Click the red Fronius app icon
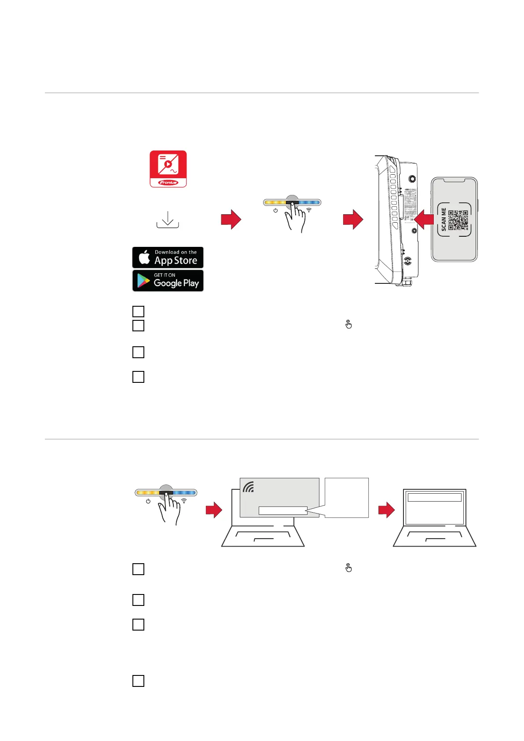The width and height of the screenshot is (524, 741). click(168, 169)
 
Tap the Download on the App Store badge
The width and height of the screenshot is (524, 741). click(168, 257)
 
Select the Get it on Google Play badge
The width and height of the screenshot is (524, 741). click(168, 280)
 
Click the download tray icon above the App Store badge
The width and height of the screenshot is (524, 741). click(168, 220)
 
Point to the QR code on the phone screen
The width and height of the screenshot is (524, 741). click(458, 220)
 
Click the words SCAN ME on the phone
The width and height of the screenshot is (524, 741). click(443, 220)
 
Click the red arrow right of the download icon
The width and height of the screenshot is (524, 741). click(231, 219)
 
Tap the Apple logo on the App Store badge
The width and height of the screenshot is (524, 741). click(144, 257)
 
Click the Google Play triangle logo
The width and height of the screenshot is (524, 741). click(143, 281)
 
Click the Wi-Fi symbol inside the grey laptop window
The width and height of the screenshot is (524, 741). click(249, 487)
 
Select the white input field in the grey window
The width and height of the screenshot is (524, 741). click(282, 510)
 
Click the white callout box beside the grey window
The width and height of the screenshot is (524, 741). click(347, 497)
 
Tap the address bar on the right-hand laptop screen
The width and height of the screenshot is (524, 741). click(434, 497)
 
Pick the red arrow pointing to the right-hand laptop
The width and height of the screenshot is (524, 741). click(386, 510)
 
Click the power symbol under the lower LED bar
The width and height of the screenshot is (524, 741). click(148, 501)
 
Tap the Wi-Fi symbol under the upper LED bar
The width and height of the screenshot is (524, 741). click(309, 210)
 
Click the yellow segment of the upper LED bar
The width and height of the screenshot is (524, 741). click(275, 203)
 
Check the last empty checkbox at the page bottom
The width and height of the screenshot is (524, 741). click(138, 681)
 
